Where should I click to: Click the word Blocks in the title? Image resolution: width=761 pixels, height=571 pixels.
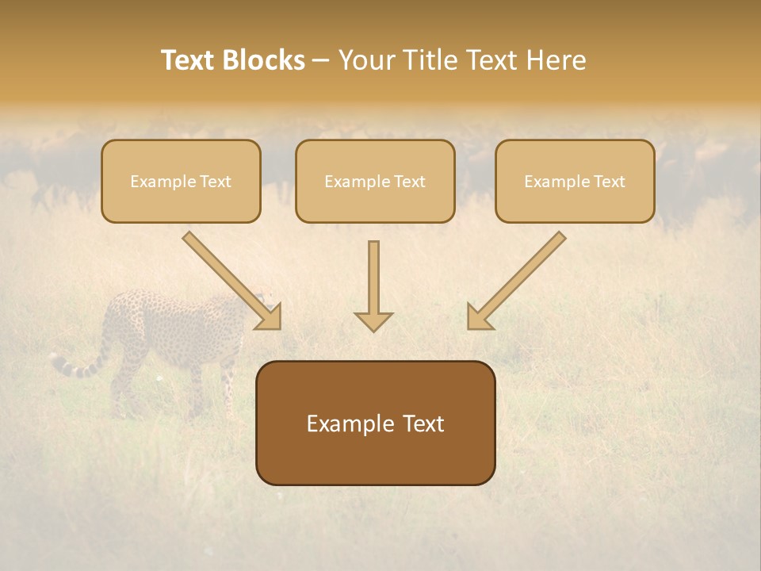pos(265,60)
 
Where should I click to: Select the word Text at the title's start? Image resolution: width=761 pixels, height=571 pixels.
pos(189,60)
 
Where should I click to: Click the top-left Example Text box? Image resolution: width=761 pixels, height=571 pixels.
pos(181,181)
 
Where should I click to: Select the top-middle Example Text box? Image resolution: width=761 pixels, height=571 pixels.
pos(375,181)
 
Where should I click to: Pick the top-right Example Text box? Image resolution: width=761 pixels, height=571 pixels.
pos(575,181)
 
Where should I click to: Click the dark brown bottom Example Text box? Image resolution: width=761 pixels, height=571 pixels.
pos(375,423)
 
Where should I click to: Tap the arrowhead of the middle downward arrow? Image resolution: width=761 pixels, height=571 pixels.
pos(373,320)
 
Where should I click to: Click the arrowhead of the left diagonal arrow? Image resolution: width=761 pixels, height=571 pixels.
pos(269,316)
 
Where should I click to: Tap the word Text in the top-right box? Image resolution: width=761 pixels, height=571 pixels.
pos(609,182)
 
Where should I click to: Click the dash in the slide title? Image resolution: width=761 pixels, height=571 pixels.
pos(321,61)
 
